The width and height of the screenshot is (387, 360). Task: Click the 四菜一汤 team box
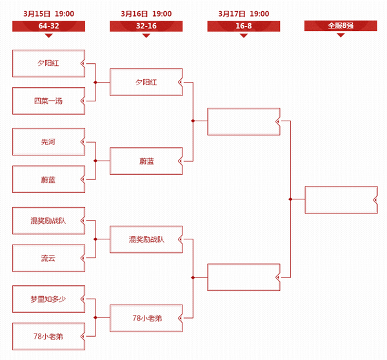pos(48,101)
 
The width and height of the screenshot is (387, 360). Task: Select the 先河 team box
pos(48,142)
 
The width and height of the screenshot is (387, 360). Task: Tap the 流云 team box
pos(48,258)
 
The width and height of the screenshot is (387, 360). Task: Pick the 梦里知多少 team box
pos(48,299)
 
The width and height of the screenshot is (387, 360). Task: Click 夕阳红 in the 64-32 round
pos(48,63)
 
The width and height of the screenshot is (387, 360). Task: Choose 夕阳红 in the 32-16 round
pos(146,82)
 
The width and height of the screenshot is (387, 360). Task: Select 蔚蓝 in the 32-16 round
pos(146,161)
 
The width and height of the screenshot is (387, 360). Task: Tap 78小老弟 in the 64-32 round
pos(48,336)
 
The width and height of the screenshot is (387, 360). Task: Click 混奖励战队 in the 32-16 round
pos(146,239)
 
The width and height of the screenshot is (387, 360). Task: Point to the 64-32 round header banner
pos(48,26)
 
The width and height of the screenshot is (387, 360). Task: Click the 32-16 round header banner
pos(146,26)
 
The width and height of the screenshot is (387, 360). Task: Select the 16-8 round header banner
pos(244,26)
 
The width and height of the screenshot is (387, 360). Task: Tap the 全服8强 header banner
pos(341,26)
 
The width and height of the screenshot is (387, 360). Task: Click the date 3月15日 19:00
pos(48,14)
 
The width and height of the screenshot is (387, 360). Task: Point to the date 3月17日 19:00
pos(244,14)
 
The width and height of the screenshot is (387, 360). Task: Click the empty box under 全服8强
pos(341,200)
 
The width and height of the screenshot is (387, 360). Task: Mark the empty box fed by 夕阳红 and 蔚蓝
pos(244,121)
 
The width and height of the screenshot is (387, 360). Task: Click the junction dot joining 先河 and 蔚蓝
pos(95,161)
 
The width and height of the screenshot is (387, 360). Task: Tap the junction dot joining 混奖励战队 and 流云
pos(95,239)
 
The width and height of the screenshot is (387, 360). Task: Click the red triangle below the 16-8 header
pos(244,35)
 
